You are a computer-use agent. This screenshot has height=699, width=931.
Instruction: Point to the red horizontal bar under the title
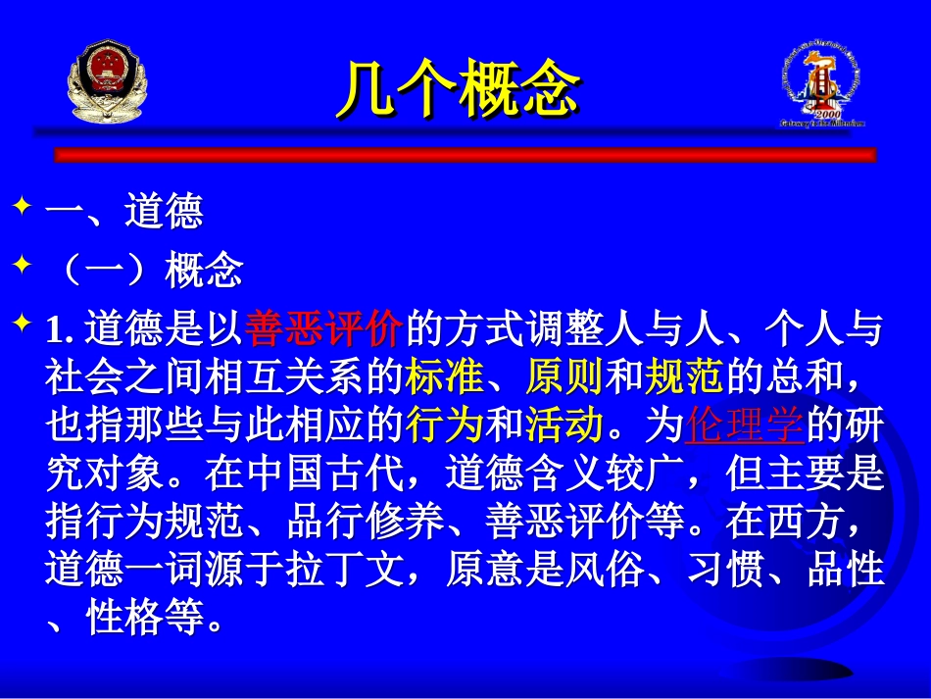(x=465, y=155)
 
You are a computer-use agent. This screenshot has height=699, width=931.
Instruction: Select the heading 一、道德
(x=124, y=213)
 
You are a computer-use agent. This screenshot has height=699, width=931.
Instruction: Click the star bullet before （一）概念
(x=23, y=269)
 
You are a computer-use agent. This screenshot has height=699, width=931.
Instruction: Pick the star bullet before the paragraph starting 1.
(x=23, y=326)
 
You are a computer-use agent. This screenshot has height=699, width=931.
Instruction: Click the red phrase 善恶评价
(x=324, y=330)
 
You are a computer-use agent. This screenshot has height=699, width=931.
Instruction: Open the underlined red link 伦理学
(x=745, y=425)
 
